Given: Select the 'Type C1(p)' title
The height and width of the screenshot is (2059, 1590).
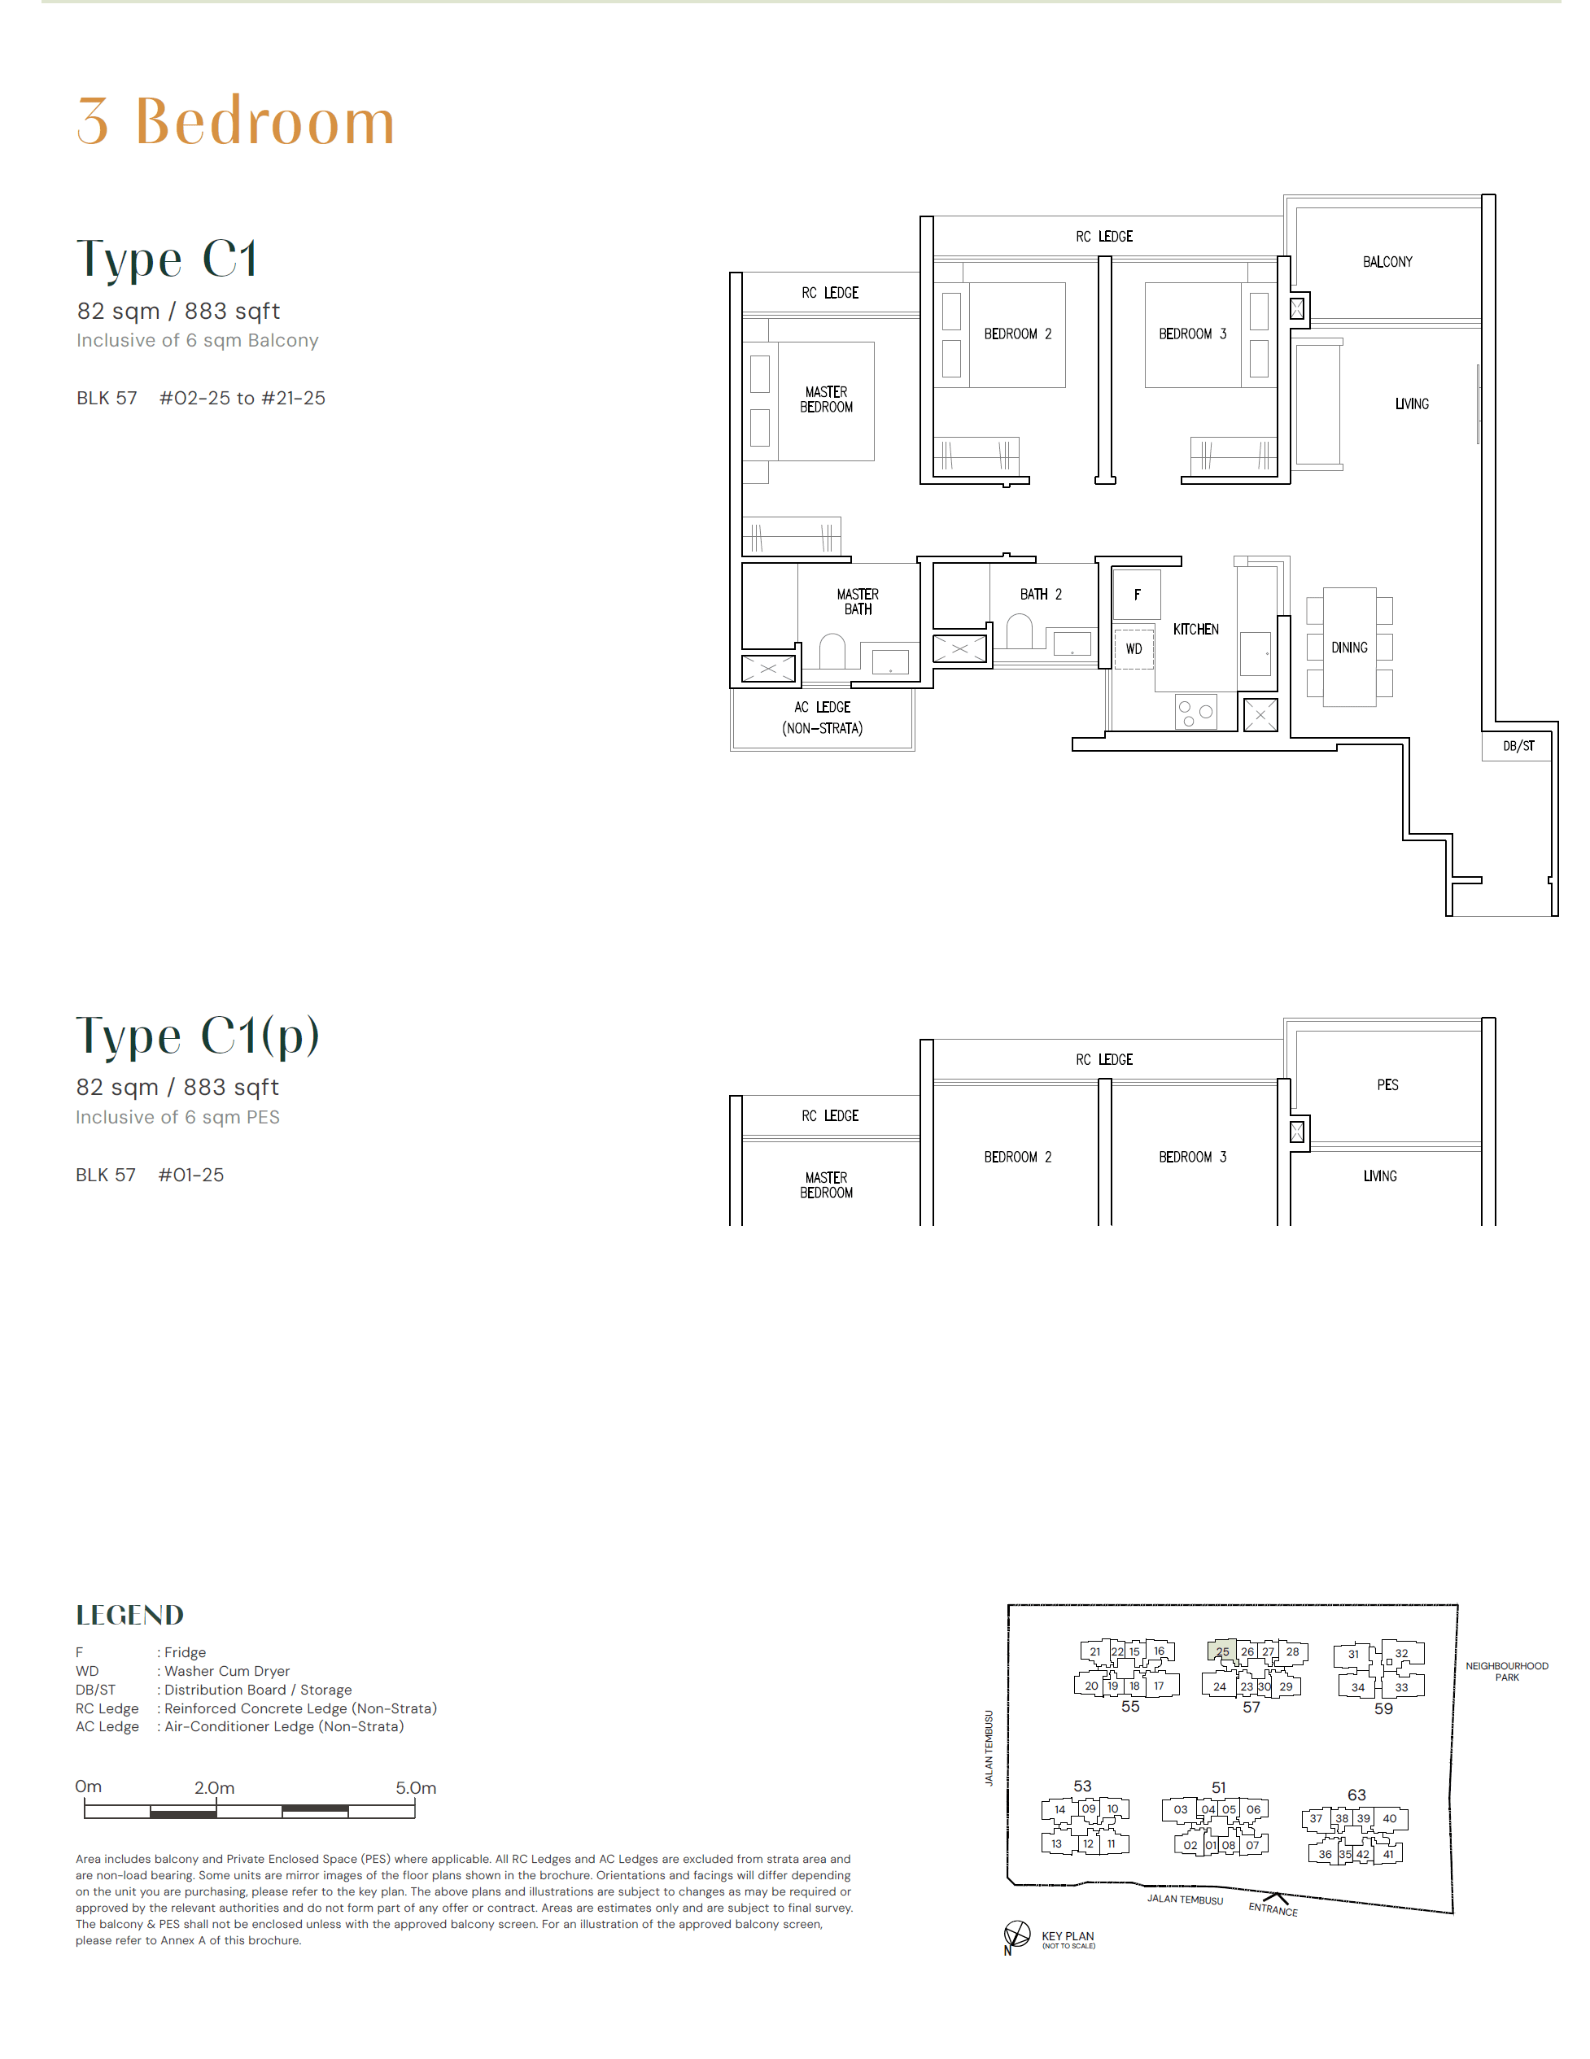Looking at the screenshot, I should point(198,1036).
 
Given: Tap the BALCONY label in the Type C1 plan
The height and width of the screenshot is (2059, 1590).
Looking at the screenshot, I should point(1387,262).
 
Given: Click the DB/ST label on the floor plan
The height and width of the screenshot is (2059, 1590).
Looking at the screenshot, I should point(1518,746).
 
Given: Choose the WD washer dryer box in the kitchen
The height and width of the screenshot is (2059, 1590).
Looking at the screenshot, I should point(1134,648).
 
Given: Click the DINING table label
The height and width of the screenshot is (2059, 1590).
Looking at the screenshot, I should point(1348,648).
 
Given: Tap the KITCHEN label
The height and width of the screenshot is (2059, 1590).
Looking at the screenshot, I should point(1195,629).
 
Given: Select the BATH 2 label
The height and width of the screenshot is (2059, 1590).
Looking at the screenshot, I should point(1040,594).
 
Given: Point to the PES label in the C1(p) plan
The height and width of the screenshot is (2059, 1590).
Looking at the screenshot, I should point(1387,1085).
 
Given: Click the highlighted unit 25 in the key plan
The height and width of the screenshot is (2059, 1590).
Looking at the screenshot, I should point(1221,1651).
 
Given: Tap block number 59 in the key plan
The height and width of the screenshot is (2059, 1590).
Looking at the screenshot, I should point(1383,1708).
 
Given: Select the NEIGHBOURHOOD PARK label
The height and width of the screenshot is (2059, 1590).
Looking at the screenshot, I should point(1506,1672).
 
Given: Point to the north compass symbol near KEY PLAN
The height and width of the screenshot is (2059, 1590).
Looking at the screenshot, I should point(1016,1934).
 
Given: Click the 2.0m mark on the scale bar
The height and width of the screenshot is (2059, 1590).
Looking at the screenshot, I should point(215,1788).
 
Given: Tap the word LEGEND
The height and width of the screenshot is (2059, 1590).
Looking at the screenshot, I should point(130,1615).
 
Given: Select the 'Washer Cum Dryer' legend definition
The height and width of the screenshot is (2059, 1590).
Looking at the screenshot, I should point(226,1671).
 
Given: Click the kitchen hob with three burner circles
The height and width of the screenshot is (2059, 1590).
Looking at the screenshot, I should point(1195,712).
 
